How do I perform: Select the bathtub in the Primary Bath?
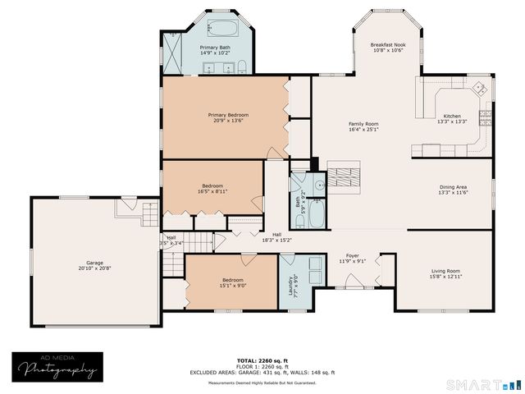click(221, 28)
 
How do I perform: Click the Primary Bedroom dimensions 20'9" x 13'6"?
click(228, 121)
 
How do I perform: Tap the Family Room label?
click(363, 124)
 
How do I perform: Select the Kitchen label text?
click(454, 116)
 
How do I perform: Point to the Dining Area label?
click(454, 186)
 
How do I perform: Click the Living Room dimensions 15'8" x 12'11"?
click(445, 277)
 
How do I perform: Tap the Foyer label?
click(352, 256)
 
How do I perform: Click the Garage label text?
click(70, 263)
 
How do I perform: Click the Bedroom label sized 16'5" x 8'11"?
click(212, 186)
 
